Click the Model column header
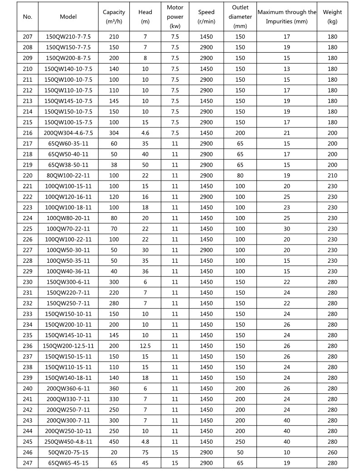(x=69, y=17)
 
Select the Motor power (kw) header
(x=175, y=17)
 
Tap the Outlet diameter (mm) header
(x=240, y=17)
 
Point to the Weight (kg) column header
(x=332, y=17)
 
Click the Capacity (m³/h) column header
(x=114, y=17)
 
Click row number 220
(x=28, y=176)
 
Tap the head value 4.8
(x=145, y=442)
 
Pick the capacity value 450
(x=114, y=442)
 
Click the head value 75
(x=145, y=452)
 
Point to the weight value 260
(x=332, y=452)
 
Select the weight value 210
(x=332, y=176)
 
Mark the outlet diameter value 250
(x=240, y=442)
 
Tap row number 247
(x=28, y=463)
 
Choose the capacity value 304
(x=114, y=133)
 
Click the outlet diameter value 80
(x=240, y=176)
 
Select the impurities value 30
(x=286, y=229)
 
